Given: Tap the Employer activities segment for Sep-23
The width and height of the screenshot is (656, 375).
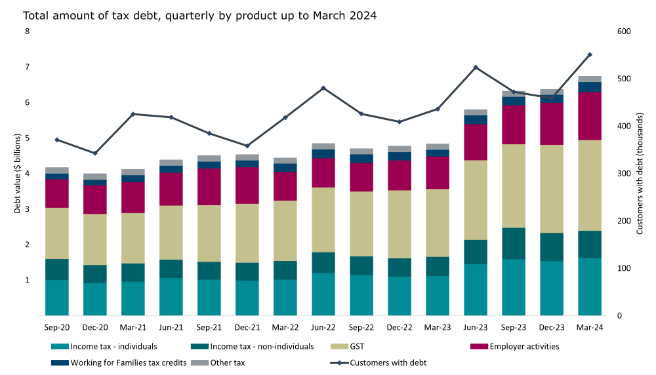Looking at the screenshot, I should pos(514,125).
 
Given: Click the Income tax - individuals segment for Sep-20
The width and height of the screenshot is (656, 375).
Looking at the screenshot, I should pos(57,298).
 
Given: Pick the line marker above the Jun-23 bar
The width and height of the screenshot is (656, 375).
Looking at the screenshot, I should pos(476,68).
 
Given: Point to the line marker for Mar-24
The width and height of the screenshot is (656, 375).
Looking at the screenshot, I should pos(590,55).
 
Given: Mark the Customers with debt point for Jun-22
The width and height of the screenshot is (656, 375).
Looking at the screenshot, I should pos(323,88).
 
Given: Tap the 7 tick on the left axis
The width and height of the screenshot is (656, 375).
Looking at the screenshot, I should pos(28,68).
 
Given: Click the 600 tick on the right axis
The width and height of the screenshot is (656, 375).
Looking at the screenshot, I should pos(623,32).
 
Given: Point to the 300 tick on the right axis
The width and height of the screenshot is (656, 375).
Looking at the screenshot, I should pos(623,174).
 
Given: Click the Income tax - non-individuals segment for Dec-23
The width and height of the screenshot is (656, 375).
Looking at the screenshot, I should pos(552,247).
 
